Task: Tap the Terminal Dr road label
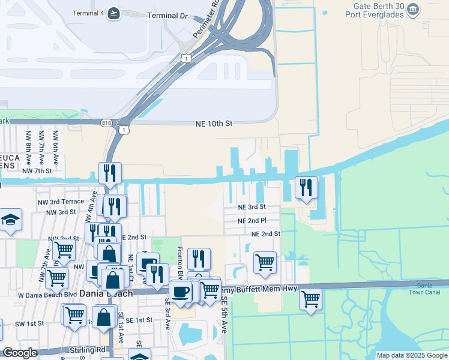click(167, 15)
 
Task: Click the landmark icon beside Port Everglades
click(413, 9)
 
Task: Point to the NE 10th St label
click(214, 124)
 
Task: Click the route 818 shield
click(107, 122)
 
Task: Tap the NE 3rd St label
click(251, 207)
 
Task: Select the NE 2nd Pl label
click(251, 221)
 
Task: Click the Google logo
click(20, 353)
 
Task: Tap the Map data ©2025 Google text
click(412, 355)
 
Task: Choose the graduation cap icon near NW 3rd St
click(10, 220)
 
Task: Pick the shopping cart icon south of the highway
click(310, 298)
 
